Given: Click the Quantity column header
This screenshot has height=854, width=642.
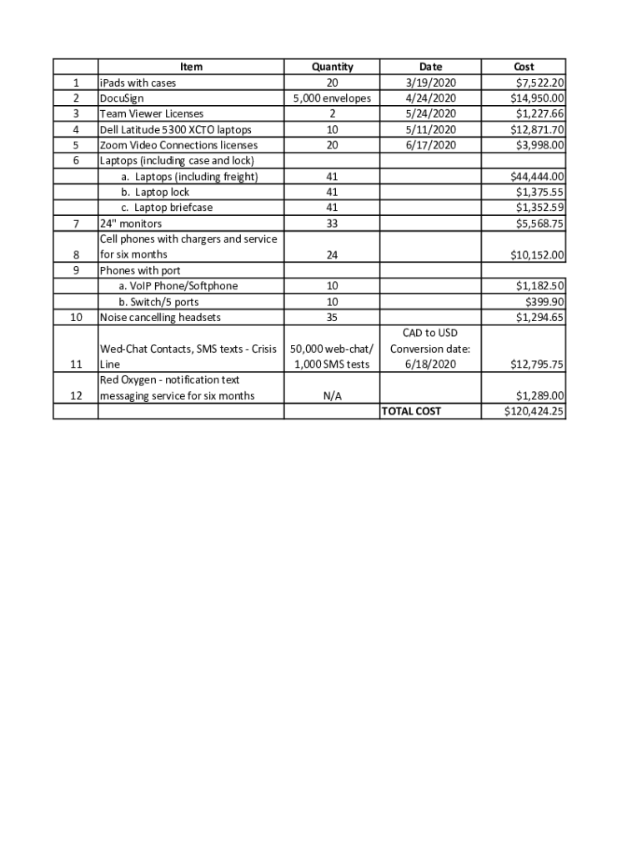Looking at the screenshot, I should (x=332, y=67).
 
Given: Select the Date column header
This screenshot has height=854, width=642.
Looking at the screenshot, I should (x=431, y=67).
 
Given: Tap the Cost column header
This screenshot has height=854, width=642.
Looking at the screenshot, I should (x=524, y=67).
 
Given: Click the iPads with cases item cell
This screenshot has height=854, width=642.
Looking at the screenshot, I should (x=138, y=83).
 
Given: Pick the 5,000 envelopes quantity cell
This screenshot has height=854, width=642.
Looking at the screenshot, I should (x=332, y=98).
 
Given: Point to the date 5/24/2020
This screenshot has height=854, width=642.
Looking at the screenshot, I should (x=431, y=113).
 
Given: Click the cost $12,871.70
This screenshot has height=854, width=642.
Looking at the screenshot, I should (x=537, y=129).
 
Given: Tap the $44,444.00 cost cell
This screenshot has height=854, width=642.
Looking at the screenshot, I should (x=537, y=176).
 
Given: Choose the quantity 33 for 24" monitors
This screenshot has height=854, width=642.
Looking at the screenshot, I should (x=332, y=224).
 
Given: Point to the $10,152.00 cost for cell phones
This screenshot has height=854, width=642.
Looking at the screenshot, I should (x=537, y=254).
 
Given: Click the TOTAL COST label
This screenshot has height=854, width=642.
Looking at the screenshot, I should (x=411, y=411).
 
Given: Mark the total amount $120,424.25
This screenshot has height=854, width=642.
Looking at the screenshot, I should (x=534, y=411).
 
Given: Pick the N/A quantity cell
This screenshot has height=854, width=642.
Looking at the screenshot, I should (x=332, y=396).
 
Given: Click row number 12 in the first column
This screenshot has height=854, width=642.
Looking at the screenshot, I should (x=76, y=396).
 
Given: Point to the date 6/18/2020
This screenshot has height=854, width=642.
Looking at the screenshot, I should (x=431, y=364).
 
